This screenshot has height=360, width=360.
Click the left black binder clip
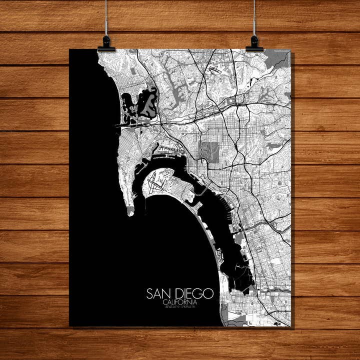coord(106,44)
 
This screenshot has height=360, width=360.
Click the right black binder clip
coord(254,44)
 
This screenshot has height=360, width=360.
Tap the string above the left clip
coord(106,17)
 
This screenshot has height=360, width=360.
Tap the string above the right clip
coord(254,17)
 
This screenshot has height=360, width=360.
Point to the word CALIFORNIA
coord(179,302)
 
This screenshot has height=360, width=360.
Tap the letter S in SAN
coord(149,293)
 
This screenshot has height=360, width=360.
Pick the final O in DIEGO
coord(209,293)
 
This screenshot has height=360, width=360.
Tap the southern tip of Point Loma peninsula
coord(130,212)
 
